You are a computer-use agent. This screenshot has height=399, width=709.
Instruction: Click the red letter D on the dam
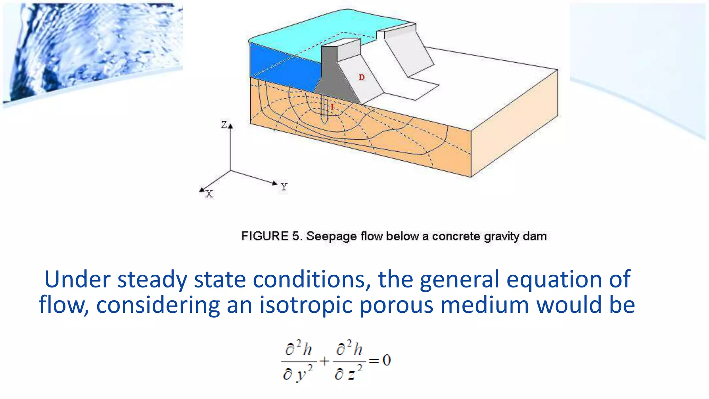[362, 77]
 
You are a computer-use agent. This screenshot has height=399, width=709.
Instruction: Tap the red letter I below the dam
[332, 107]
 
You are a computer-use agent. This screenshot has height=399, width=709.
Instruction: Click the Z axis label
[224, 125]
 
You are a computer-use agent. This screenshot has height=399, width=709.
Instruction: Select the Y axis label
[284, 187]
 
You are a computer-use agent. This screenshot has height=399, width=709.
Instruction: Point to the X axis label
[209, 194]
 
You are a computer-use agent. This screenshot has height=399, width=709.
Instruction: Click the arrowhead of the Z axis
[231, 126]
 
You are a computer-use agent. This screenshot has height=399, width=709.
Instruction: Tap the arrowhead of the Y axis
[275, 183]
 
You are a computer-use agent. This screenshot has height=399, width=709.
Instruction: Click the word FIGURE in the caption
[265, 236]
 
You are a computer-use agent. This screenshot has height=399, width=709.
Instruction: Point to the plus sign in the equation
[324, 361]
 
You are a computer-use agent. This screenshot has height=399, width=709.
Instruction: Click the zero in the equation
[387, 360]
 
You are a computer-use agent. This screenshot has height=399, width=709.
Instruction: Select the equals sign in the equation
[374, 361]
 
